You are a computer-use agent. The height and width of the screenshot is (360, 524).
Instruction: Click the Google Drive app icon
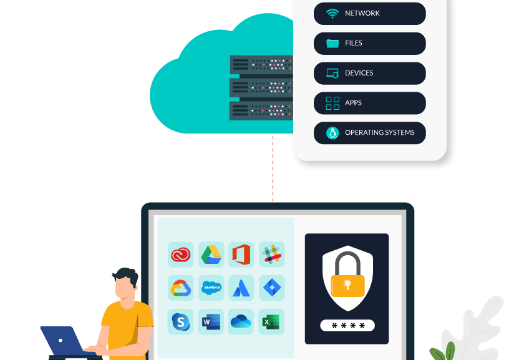click(x=211, y=255)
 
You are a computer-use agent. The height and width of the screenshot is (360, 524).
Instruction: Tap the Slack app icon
click(x=272, y=255)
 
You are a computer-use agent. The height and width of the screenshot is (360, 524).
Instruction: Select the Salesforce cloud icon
click(x=211, y=288)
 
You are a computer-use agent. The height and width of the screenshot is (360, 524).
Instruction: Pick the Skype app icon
click(x=181, y=322)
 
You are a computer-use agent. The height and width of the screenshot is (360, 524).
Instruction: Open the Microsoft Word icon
click(x=211, y=322)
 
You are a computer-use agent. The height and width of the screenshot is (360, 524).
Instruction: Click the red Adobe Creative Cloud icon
click(x=181, y=255)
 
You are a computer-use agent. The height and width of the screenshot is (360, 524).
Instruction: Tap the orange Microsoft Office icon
click(x=241, y=255)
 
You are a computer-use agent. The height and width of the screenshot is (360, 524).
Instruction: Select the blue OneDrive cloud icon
click(x=241, y=322)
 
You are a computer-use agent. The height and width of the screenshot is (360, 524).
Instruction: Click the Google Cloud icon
click(x=181, y=288)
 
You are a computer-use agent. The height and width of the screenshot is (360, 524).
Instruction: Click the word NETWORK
click(x=362, y=13)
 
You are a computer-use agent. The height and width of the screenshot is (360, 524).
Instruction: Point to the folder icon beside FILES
click(x=332, y=44)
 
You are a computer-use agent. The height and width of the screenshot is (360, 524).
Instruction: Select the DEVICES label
click(x=359, y=73)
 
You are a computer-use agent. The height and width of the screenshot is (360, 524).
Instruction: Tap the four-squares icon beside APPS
click(x=332, y=103)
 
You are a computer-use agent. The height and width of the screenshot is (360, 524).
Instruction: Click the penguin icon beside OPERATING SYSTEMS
click(x=332, y=133)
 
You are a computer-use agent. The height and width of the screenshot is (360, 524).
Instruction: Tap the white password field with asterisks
click(x=347, y=326)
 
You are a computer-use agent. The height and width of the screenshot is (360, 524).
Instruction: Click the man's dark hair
click(x=126, y=276)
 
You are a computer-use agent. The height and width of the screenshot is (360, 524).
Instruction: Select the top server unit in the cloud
click(x=261, y=64)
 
